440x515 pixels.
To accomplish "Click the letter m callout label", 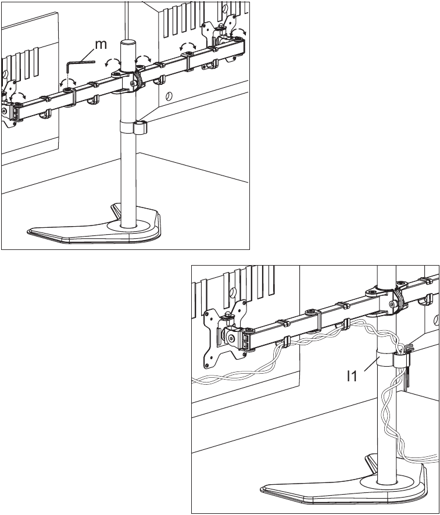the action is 101,44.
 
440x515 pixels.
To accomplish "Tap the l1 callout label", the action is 352,375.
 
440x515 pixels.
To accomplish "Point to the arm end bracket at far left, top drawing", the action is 12,110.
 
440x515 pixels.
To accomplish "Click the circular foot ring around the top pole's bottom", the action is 128,226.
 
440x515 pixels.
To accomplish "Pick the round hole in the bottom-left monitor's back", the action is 232,291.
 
